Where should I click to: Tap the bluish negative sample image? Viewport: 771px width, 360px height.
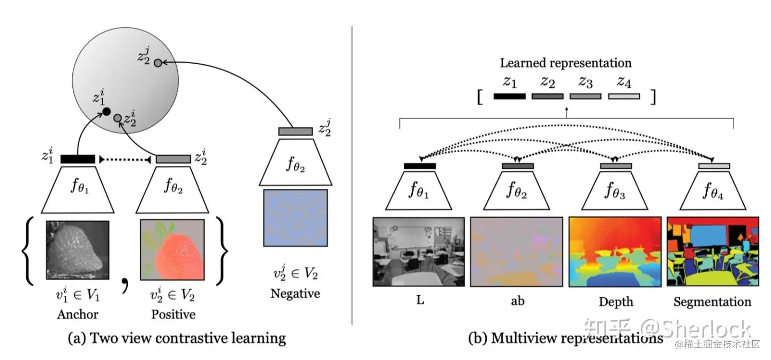click(295, 217)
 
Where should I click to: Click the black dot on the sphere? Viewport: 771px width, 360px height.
click(106, 112)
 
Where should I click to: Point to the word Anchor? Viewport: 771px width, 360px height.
click(78, 314)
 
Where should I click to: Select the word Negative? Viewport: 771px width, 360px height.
click(295, 294)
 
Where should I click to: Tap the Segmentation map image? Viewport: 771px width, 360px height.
click(713, 252)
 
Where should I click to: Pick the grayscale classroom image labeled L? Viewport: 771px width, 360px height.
click(419, 252)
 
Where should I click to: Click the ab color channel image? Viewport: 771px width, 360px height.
click(517, 252)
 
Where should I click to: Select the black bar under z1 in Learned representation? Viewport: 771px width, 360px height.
click(509, 96)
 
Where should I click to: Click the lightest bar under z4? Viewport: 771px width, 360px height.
click(624, 96)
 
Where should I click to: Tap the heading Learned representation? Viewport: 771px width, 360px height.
click(565, 63)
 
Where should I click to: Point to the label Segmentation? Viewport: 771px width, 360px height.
click(712, 302)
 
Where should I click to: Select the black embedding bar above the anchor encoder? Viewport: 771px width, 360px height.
click(78, 159)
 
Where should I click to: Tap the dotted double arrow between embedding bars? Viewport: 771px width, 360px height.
click(125, 159)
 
